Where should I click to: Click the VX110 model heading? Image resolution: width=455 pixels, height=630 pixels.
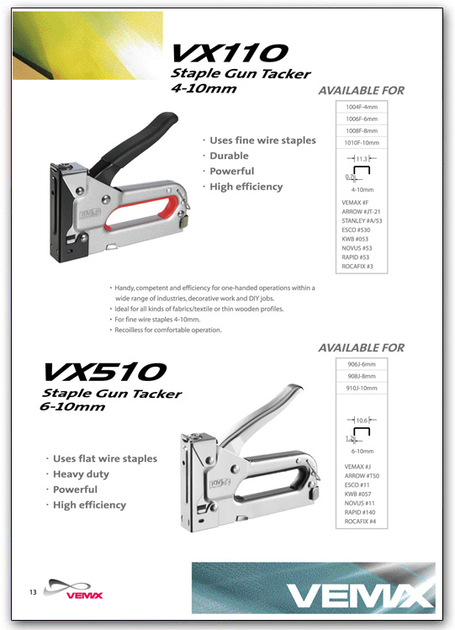(230, 53)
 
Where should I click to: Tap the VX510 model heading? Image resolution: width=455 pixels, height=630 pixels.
(104, 372)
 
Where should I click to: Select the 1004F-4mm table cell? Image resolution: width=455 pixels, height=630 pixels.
(362, 107)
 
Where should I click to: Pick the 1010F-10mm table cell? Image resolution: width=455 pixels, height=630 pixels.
(362, 143)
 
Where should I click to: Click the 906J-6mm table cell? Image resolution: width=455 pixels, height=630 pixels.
(362, 364)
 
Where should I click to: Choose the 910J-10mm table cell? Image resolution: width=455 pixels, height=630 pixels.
(362, 388)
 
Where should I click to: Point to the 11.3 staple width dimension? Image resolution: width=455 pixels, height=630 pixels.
(362, 159)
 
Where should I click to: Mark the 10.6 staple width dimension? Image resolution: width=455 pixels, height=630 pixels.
(362, 421)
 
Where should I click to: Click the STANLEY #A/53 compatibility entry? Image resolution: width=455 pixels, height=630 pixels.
(362, 220)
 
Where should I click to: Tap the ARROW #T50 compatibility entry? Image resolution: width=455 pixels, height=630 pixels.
(362, 476)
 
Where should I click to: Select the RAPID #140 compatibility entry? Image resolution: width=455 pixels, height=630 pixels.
(360, 512)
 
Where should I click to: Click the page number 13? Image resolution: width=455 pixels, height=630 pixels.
(33, 592)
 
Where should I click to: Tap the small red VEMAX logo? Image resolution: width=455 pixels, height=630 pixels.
(84, 596)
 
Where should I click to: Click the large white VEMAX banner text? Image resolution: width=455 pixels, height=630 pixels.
(359, 596)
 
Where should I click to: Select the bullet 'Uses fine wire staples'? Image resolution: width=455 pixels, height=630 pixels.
(262, 140)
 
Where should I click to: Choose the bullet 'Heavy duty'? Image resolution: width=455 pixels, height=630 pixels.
(81, 474)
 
